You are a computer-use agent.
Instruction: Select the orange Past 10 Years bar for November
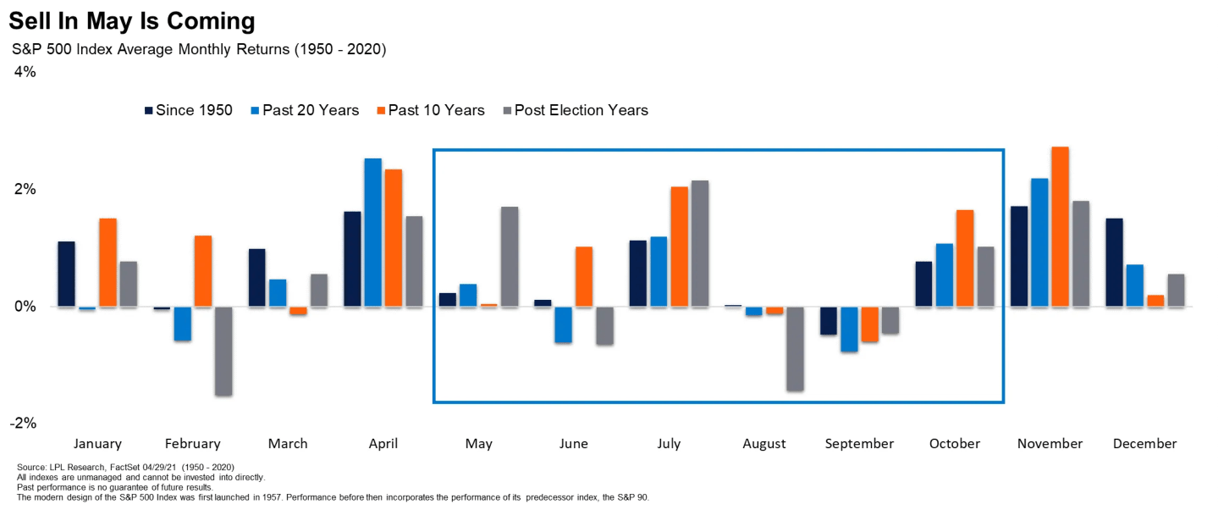coord(1060,226)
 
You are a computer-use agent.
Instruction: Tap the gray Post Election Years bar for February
coord(223,351)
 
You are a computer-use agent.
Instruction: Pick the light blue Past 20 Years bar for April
coord(372,232)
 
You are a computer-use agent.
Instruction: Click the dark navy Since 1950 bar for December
coord(1114,263)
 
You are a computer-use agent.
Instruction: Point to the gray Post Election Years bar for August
coord(796,348)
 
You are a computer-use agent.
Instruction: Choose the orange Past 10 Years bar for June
coord(584,276)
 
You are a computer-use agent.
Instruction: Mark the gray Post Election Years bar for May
coord(510,256)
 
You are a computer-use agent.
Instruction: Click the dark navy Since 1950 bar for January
coord(66,274)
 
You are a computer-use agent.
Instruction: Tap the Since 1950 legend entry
coord(188,110)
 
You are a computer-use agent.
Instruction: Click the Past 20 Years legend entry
coord(305,110)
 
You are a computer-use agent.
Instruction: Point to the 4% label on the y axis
coord(25,72)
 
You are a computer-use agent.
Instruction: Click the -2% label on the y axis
coord(23,423)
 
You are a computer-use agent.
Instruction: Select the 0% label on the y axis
coord(25,306)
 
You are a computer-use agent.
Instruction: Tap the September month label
coord(859,443)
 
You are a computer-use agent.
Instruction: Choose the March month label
coord(288,443)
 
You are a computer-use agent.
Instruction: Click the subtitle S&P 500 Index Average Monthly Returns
coord(199,49)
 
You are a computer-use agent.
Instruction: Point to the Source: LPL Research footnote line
coord(125,468)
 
